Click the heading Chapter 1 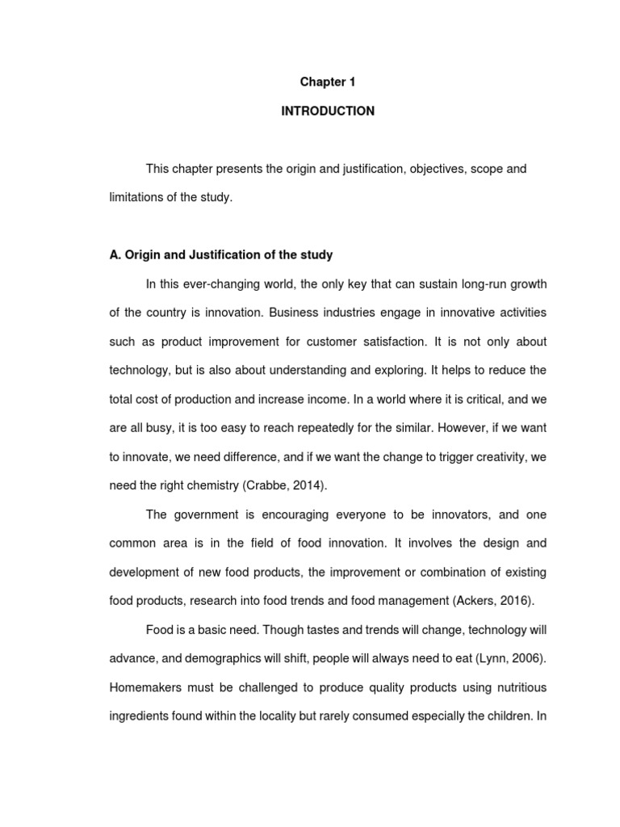click(x=328, y=82)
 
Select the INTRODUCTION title click(x=328, y=111)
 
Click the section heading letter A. click(x=114, y=255)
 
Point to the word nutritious click(x=515, y=687)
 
